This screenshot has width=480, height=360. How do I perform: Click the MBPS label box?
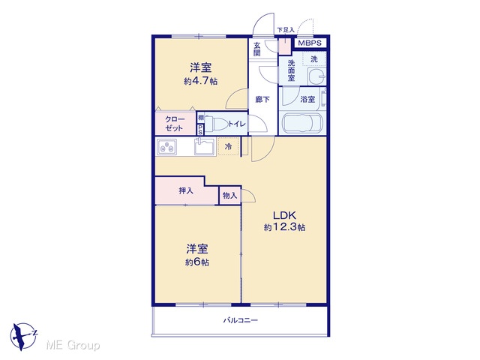[310, 43]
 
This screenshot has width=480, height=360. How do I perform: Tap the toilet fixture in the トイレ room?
[216, 124]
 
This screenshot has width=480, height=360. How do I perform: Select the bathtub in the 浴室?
[303, 124]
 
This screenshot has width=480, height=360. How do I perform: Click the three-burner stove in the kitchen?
[166, 147]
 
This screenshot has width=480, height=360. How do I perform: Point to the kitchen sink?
[205, 146]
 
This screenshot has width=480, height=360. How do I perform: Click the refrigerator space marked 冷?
[228, 147]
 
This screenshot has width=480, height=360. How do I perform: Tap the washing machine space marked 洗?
[314, 59]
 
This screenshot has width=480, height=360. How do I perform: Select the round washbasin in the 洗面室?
[316, 76]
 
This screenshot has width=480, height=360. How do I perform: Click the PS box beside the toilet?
[200, 130]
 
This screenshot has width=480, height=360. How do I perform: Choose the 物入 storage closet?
[230, 195]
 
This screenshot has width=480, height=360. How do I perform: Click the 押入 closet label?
[186, 190]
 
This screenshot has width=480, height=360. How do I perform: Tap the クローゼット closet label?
[175, 124]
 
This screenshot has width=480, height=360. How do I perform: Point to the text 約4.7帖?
[200, 81]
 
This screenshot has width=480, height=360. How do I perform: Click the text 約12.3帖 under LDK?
[284, 227]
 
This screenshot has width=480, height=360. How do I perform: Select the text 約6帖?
[197, 262]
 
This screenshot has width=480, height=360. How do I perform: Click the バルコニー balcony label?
[240, 320]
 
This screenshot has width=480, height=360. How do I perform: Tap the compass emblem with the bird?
[23, 336]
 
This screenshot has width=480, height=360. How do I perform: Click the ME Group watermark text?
[73, 346]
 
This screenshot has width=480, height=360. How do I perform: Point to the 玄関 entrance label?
[256, 49]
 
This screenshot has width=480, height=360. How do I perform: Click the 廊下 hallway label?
[262, 100]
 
